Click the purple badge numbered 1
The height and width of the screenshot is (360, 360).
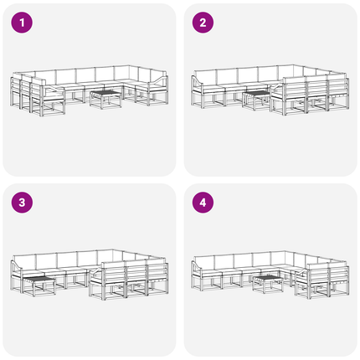[x=22, y=23]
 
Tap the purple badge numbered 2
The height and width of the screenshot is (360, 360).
[x=203, y=23]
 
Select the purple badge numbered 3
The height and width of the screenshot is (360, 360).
[x=22, y=203]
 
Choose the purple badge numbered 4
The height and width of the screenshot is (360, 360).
[x=203, y=203]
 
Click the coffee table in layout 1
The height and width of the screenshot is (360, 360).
[x=106, y=99]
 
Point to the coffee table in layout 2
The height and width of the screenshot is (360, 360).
[x=257, y=100]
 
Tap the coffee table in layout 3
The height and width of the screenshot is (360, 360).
[x=39, y=286]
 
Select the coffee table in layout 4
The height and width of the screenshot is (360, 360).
[x=268, y=284]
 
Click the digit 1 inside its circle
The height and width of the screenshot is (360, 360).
[x=22, y=23]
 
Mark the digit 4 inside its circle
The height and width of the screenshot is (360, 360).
[x=203, y=203]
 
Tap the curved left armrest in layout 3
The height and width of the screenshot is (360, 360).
[x=17, y=266]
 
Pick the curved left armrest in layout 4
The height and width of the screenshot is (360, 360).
[x=197, y=267]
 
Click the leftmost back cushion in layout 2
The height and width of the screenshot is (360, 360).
[x=206, y=76]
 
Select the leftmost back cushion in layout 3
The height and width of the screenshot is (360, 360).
[x=24, y=261]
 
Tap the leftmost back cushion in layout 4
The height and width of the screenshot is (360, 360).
[x=204, y=262]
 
